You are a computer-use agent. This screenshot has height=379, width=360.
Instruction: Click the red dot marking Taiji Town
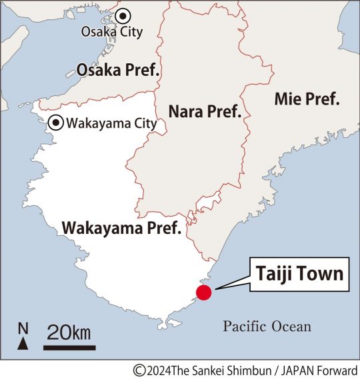click(203, 292)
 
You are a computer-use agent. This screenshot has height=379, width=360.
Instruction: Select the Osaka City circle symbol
click(122, 17)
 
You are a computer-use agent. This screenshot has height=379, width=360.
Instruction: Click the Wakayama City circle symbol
click(57, 123)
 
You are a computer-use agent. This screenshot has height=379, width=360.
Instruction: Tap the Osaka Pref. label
click(118, 70)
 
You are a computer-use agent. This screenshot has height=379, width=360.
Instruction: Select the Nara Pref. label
click(205, 111)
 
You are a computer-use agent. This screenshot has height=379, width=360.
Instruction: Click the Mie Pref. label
click(307, 99)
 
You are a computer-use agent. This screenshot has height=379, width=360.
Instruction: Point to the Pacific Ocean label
click(267, 326)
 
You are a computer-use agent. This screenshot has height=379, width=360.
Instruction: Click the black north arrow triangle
click(23, 343)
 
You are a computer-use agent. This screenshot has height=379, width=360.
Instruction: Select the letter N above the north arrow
click(23, 328)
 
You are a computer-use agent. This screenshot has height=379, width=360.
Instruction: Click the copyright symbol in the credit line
click(139, 370)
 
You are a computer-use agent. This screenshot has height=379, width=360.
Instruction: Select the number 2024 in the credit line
click(157, 370)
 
